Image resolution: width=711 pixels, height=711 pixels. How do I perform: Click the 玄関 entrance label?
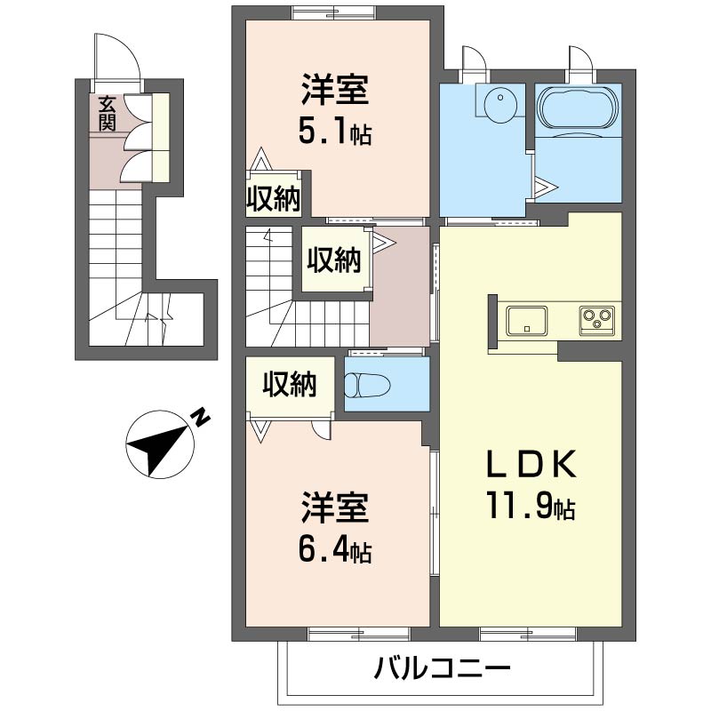pyautogui.click(x=107, y=114)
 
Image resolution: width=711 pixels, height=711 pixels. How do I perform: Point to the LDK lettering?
pyautogui.click(x=531, y=463)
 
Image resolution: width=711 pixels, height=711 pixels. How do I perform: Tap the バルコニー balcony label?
pyautogui.click(x=442, y=668)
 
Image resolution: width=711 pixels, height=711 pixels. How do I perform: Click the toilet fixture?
pyautogui.click(x=367, y=385)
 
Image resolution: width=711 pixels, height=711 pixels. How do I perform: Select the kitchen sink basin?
pyautogui.click(x=526, y=321)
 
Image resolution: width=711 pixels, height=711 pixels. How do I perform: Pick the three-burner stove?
pyautogui.click(x=597, y=321)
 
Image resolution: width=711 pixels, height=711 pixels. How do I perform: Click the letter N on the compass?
pyautogui.click(x=199, y=417)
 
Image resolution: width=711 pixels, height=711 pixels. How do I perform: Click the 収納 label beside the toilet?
pyautogui.click(x=290, y=385)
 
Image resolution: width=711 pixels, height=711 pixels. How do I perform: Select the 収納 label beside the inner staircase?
pyautogui.click(x=334, y=260)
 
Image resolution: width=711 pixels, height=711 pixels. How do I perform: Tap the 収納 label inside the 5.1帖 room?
pyautogui.click(x=274, y=198)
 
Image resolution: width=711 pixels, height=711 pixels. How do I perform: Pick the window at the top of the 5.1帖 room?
pyautogui.click(x=334, y=12)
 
